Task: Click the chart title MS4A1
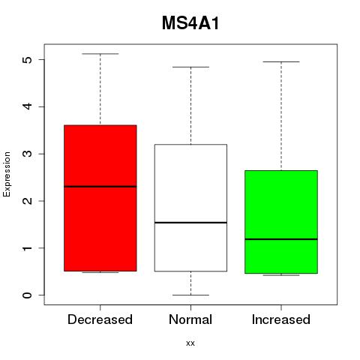coord(190,23)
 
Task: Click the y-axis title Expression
coord(7,174)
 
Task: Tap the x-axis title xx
coord(190,343)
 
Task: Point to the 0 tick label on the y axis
coord(27,295)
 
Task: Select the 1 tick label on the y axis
coord(27,248)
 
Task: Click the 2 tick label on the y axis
coord(27,201)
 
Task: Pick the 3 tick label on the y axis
coord(27,154)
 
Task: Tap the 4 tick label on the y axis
coord(27,106)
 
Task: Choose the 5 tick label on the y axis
coord(27,59)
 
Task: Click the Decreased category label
coord(100,319)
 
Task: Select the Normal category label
coord(190,319)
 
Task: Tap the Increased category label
coord(281,319)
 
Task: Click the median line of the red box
coord(100,187)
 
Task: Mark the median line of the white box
coord(190,223)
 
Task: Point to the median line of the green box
coord(281,239)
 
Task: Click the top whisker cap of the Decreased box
coord(100,54)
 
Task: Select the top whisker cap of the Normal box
coord(190,67)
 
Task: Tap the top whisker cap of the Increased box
coord(281,61)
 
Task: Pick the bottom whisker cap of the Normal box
coord(190,295)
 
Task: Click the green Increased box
coord(281,222)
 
